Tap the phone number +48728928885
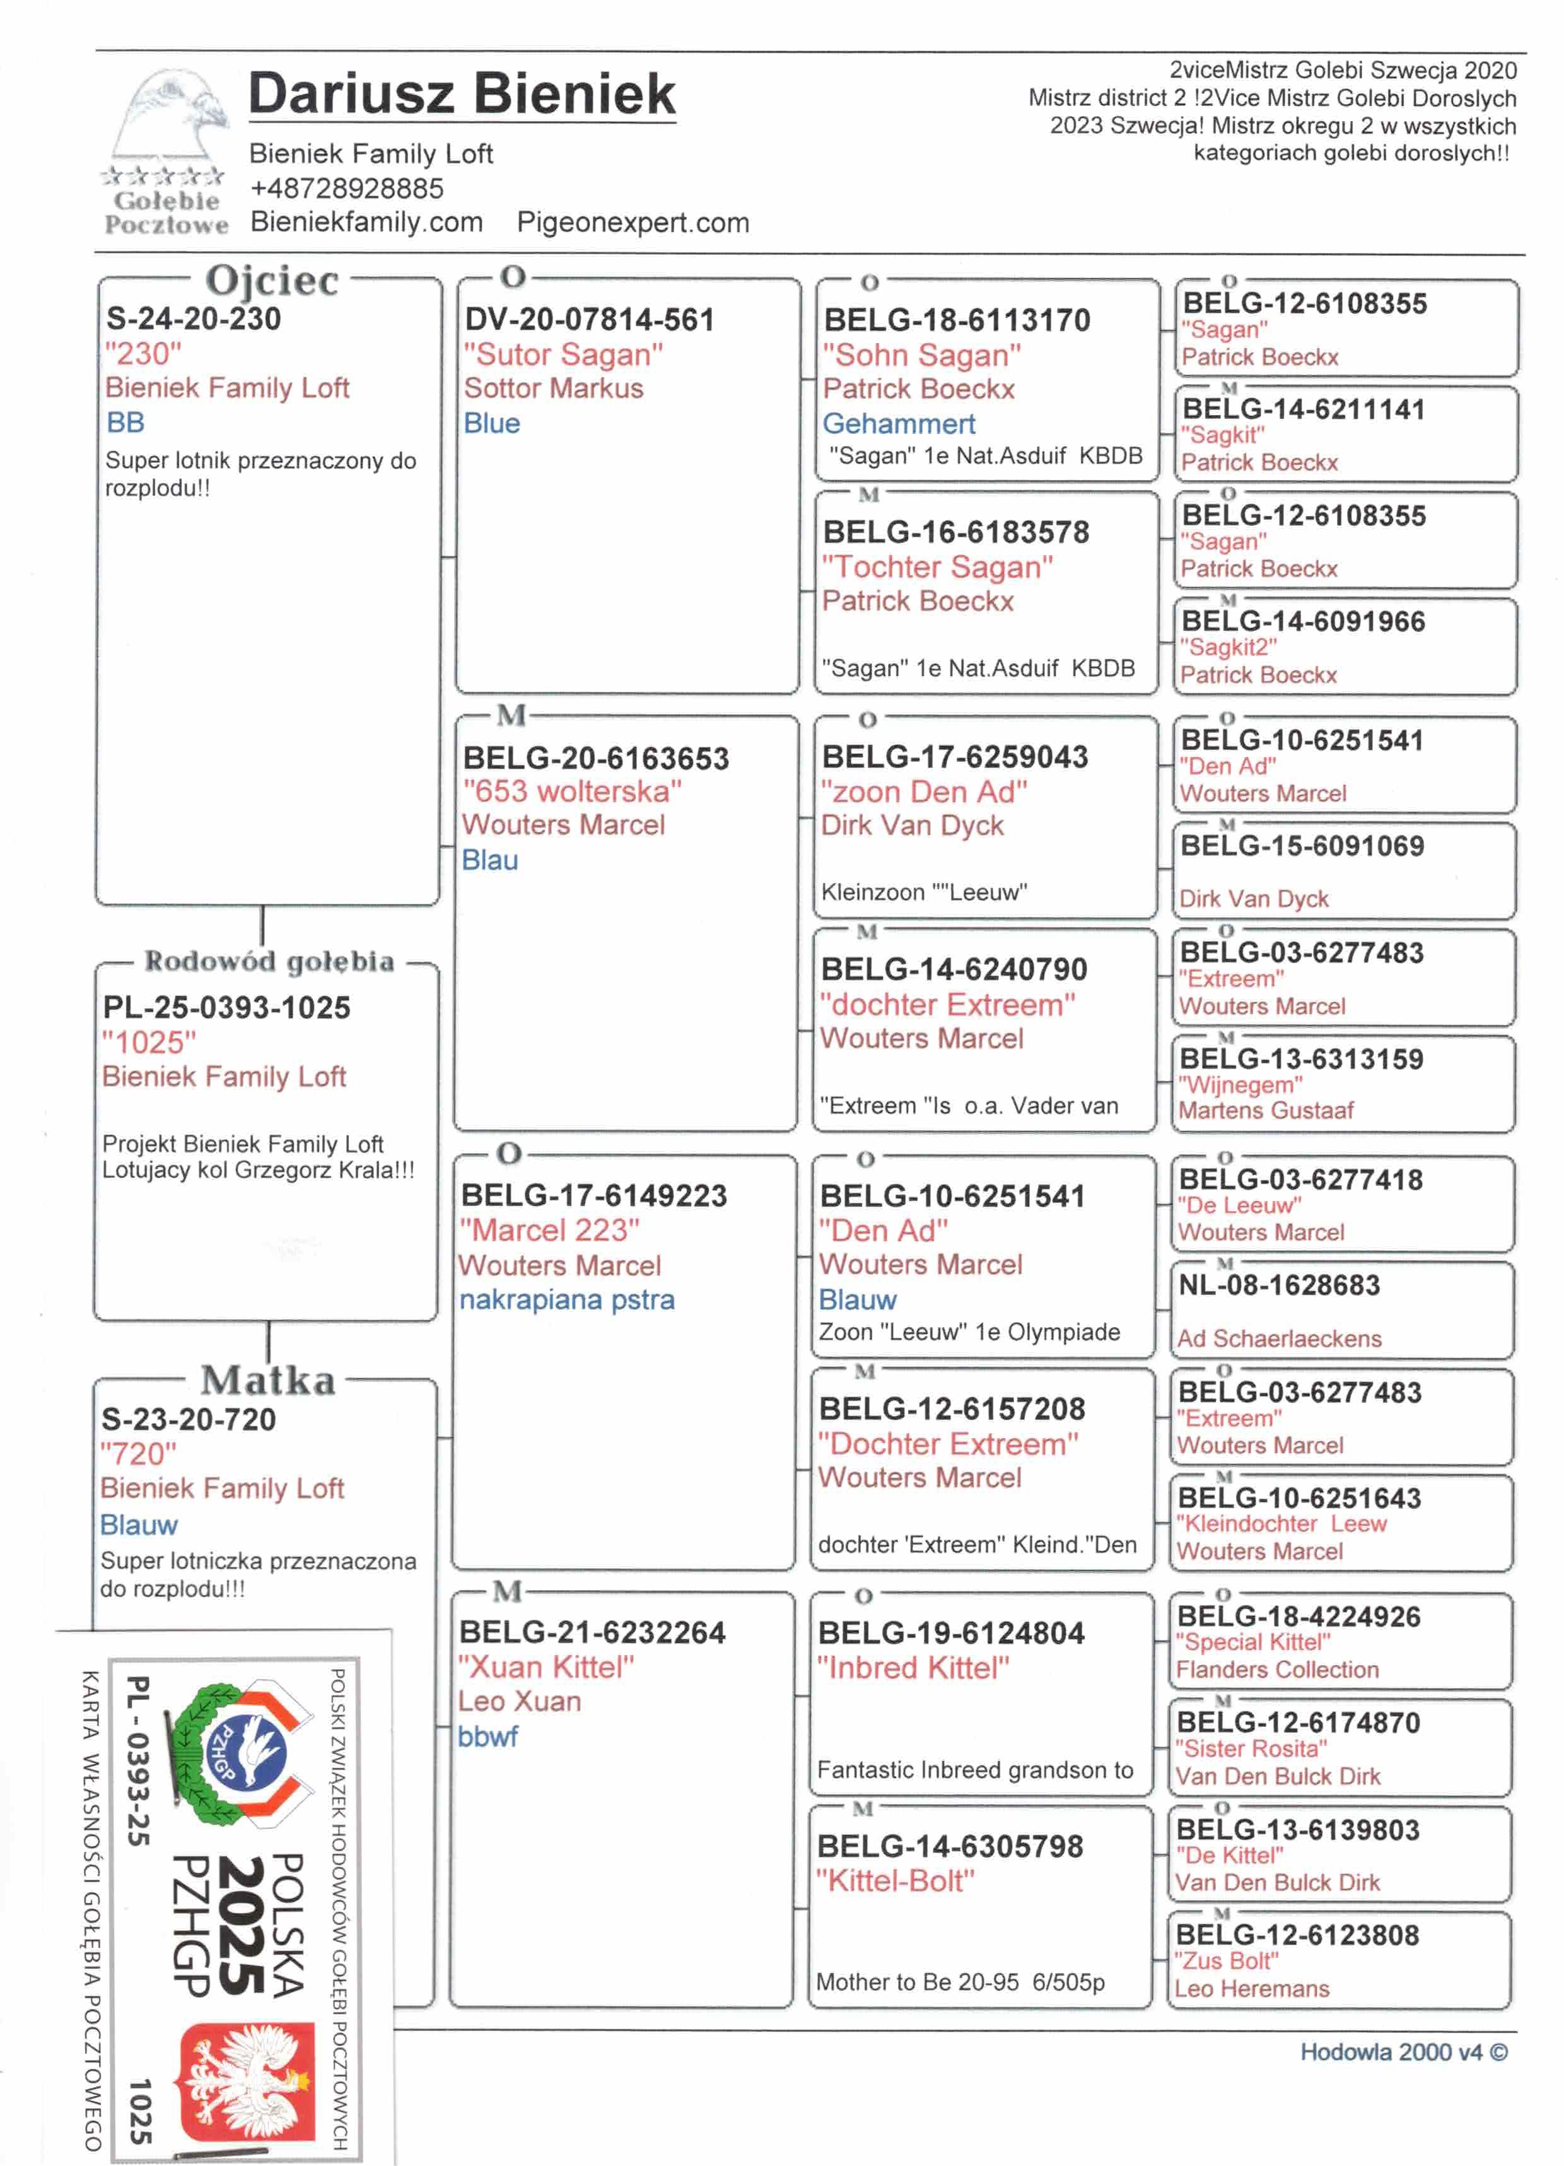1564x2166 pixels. tap(347, 188)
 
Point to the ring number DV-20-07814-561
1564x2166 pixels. tap(589, 319)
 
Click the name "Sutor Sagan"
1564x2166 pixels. tap(563, 354)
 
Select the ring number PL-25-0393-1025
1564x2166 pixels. tap(226, 1007)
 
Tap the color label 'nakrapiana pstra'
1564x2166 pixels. tap(566, 1300)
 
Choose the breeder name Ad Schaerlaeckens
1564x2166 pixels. tap(1278, 1339)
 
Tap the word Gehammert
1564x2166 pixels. tap(899, 423)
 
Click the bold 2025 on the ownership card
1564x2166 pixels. tap(242, 1925)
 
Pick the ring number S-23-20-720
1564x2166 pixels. tap(189, 1419)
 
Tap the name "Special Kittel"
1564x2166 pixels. tap(1252, 1642)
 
